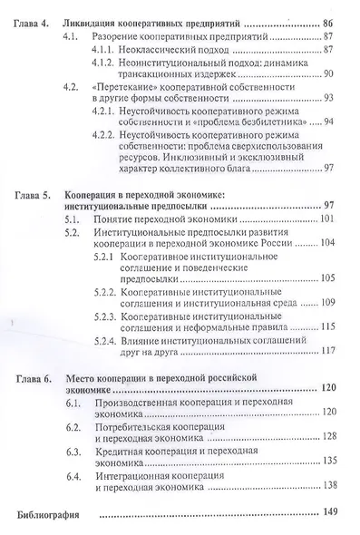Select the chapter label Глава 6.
(34, 374)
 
